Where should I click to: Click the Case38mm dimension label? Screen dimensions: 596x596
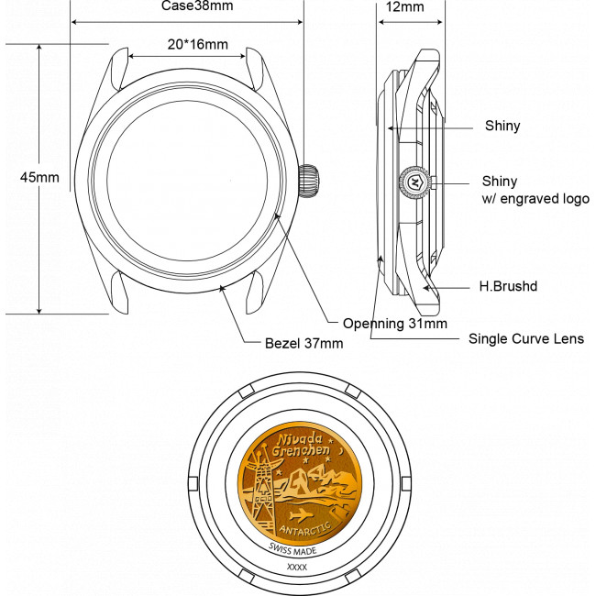(x=197, y=6)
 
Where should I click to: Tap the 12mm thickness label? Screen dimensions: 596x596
(x=404, y=6)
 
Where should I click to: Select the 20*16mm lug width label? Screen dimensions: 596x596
(x=198, y=45)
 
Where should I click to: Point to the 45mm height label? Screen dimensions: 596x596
(x=39, y=177)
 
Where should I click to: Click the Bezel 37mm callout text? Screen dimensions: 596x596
(x=304, y=343)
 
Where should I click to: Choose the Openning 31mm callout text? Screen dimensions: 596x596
(x=395, y=324)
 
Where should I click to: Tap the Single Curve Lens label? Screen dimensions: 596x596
(x=526, y=338)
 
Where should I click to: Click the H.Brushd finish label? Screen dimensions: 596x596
(x=508, y=286)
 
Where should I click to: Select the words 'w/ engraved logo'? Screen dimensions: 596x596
(x=535, y=199)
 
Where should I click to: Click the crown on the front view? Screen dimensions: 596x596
(x=309, y=181)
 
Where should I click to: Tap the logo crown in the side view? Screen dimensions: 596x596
(x=414, y=182)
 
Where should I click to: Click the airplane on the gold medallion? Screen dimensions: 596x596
(x=301, y=516)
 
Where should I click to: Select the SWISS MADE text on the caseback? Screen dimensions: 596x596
(x=292, y=549)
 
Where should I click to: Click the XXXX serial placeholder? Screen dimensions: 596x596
(x=297, y=567)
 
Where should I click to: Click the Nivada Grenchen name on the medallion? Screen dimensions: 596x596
(x=301, y=445)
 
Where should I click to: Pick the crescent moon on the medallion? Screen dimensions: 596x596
(x=340, y=451)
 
